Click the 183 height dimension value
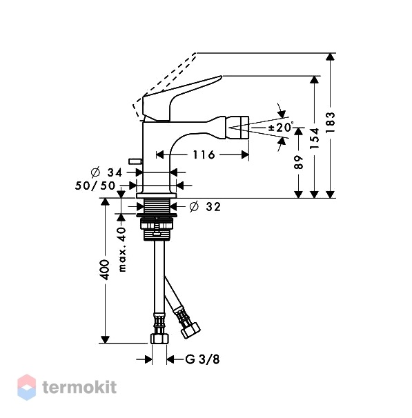tap(330, 122)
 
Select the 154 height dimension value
tap(315, 139)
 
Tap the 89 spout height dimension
tap(299, 162)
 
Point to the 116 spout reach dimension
tap(204, 155)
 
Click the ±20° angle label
tap(281, 127)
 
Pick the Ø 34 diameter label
tap(107, 172)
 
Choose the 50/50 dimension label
tap(95, 186)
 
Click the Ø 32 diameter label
tap(205, 207)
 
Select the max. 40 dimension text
tap(121, 250)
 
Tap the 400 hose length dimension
tap(106, 270)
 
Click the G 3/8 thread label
tap(202, 359)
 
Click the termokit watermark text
tap(79, 387)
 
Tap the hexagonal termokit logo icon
tap(27, 388)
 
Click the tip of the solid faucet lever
tap(222, 77)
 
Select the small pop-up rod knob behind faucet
tap(135, 161)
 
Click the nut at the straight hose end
tap(159, 339)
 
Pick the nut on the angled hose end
tap(190, 330)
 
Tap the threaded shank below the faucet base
tap(157, 206)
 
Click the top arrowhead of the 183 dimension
tap(330, 57)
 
